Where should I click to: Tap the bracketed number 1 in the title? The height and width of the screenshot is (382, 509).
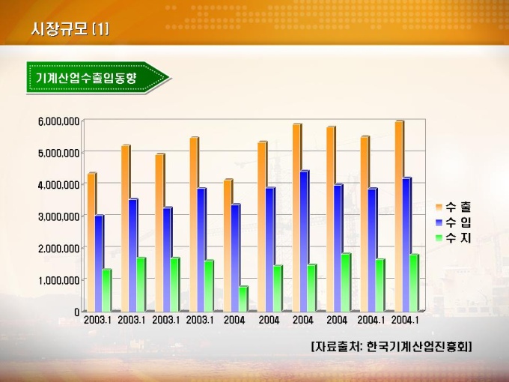pos(100,29)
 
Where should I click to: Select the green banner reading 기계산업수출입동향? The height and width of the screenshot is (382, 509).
pos(94,77)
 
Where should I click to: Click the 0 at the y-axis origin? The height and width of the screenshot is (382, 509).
pos(76,311)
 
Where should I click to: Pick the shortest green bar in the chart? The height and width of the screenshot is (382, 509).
pos(243,299)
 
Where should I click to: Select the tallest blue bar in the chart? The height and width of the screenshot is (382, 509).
pos(304,240)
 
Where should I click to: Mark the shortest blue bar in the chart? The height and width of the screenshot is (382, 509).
pos(99,263)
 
